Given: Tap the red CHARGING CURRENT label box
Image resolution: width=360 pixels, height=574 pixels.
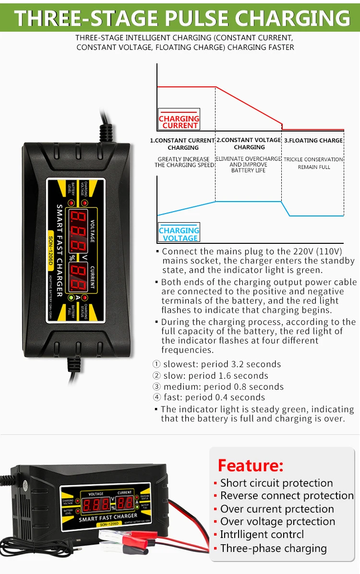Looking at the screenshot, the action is tap(179, 122).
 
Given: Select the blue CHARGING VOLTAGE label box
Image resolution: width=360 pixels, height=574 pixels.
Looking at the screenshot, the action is tap(180, 234).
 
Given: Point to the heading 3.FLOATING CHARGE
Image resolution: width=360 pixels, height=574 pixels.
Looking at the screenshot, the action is tap(314, 141).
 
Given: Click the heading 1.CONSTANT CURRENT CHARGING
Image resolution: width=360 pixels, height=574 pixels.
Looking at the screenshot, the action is tap(183, 144).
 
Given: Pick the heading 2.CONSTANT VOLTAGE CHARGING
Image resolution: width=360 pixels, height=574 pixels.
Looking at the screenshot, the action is tap(249, 143).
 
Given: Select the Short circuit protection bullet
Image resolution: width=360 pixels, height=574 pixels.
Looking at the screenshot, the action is tap(276, 483).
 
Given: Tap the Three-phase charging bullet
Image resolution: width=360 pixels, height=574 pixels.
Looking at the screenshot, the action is tap(273, 548).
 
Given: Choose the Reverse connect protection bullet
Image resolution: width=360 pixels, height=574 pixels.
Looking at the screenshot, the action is tap(287, 496).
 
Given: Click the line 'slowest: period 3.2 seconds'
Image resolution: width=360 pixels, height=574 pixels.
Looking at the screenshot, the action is tap(222, 364).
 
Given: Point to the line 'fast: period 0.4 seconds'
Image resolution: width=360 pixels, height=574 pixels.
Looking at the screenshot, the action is tap(214, 397).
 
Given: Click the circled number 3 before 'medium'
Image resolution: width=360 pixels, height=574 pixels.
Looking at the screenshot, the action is tap(156, 387).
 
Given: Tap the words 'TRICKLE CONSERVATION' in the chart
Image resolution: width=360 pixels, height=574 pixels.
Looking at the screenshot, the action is tap(313, 159).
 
